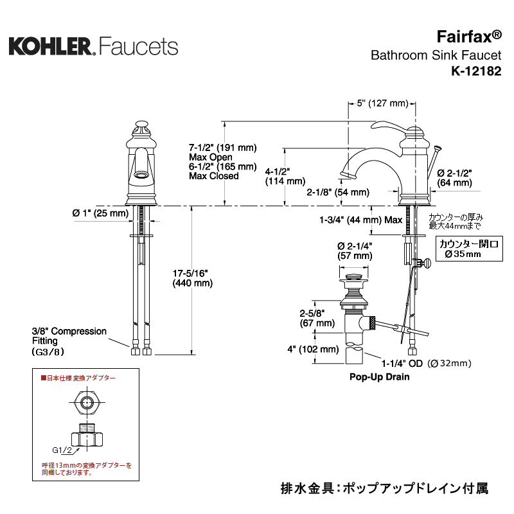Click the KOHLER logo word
pyautogui.click(x=51, y=46)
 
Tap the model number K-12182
pyautogui.click(x=476, y=72)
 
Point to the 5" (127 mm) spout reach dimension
pyautogui.click(x=383, y=103)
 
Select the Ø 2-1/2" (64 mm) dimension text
pyautogui.click(x=454, y=178)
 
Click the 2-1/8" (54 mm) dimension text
pyautogui.click(x=338, y=192)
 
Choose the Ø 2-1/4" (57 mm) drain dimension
pyautogui.click(x=355, y=251)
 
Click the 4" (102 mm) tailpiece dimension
pyautogui.click(x=313, y=350)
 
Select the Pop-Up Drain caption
pyautogui.click(x=379, y=377)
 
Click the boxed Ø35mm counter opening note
pyautogui.click(x=468, y=249)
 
